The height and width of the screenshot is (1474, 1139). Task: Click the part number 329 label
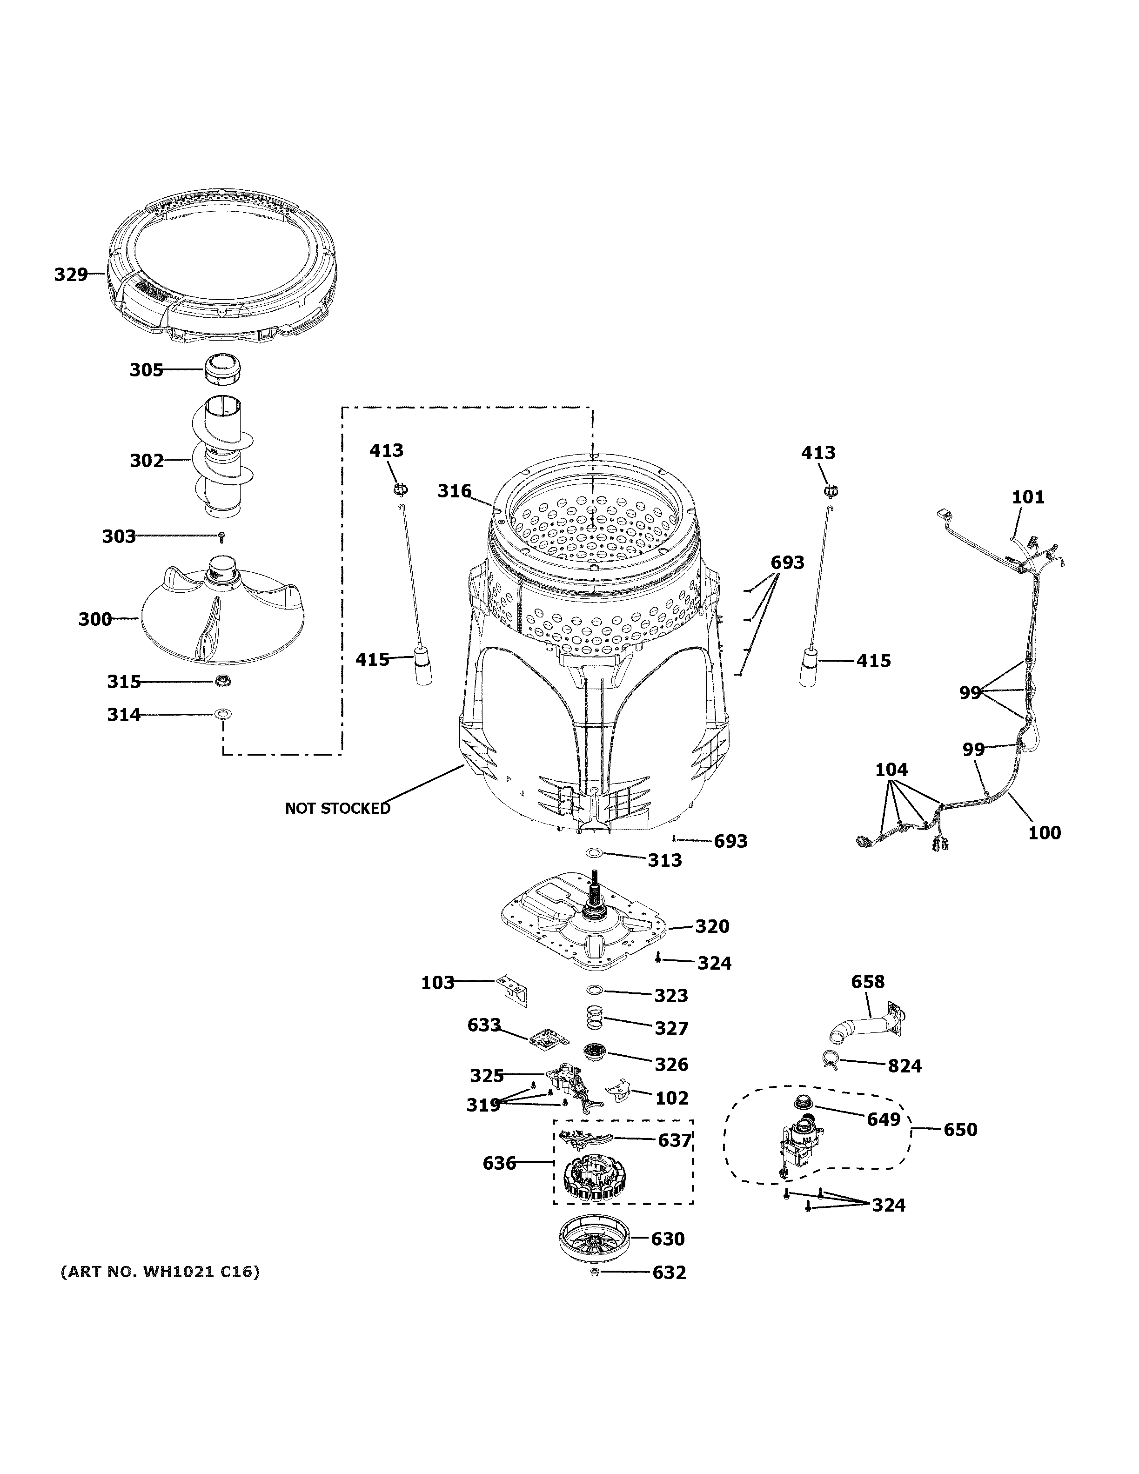[x=71, y=275]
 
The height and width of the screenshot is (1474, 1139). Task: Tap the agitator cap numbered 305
[x=223, y=370]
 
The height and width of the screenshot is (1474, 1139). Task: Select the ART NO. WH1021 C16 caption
[x=160, y=1272]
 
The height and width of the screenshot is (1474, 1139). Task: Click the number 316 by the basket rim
[x=454, y=491]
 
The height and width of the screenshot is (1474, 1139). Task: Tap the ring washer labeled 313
[x=594, y=853]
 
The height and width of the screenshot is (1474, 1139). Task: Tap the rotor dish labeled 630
[x=595, y=1239]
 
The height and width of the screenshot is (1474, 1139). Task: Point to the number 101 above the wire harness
[x=1028, y=497]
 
